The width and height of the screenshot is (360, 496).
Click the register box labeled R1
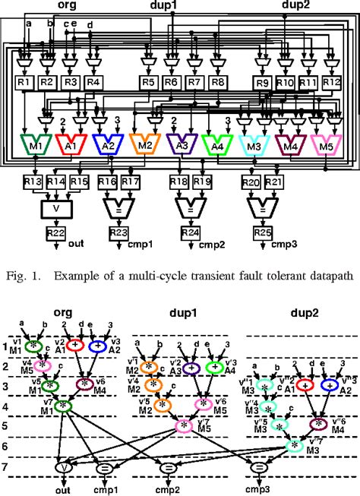[24, 82]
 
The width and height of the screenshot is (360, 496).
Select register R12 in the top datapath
[331, 82]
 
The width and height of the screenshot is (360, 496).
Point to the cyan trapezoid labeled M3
[254, 144]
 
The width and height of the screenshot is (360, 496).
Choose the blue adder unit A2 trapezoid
[106, 144]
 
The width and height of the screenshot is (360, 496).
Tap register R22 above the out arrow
[55, 232]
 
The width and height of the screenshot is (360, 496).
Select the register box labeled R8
[219, 82]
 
